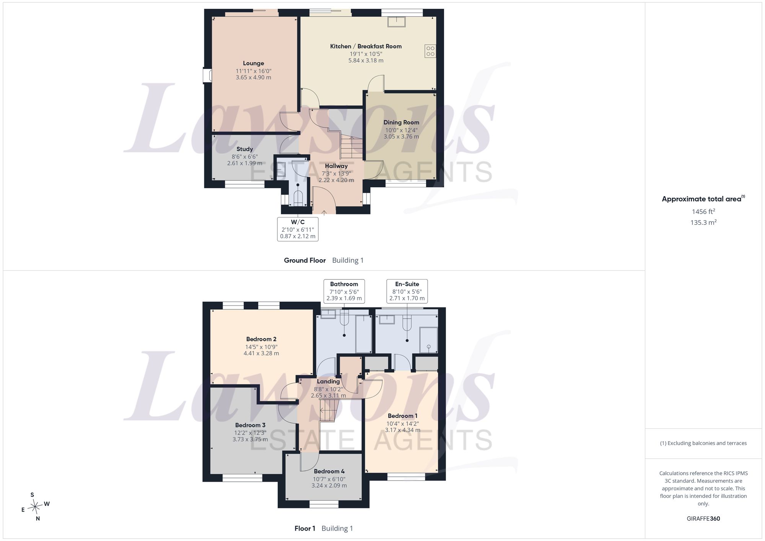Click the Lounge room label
point(253,63)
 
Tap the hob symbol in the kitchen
point(430,51)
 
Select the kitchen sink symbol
point(397,22)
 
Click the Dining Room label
point(401,122)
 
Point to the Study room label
point(244,149)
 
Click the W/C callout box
point(298,229)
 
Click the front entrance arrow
point(324,212)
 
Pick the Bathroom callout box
point(344,291)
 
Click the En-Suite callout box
point(407,291)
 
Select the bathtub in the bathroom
point(363,334)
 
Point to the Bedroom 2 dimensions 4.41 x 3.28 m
point(261,353)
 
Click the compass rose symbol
point(35,507)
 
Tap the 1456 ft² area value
point(703,211)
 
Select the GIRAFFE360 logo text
point(703,518)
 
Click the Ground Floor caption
point(305,260)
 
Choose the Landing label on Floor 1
point(328,382)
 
